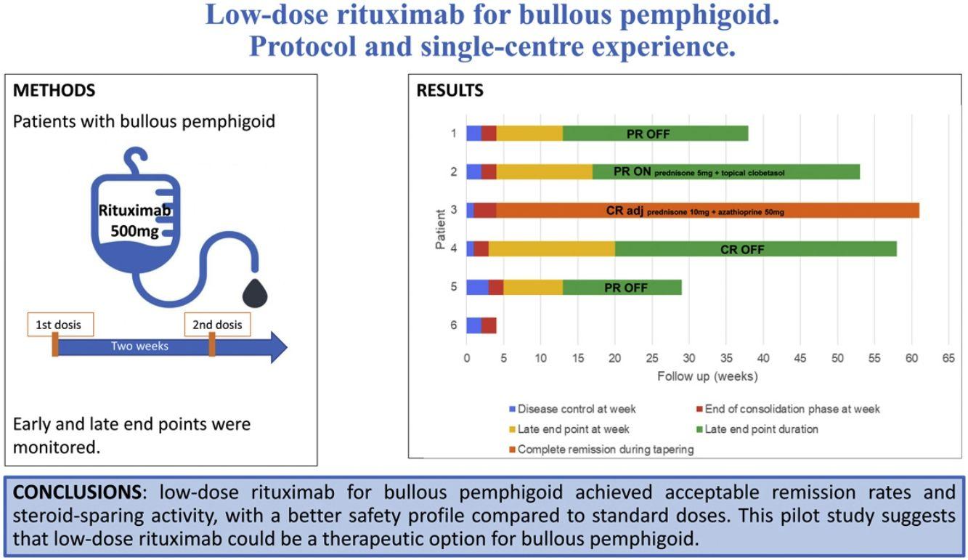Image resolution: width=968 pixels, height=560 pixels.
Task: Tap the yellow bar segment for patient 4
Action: coord(552,249)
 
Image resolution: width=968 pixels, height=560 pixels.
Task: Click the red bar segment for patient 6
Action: coord(489,325)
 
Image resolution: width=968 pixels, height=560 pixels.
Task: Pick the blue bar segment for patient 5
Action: coord(477,287)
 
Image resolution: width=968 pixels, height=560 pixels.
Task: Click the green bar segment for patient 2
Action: coord(726,172)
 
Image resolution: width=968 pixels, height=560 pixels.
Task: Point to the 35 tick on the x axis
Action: coord(725,358)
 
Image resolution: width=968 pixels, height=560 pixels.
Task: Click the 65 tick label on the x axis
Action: coord(948,358)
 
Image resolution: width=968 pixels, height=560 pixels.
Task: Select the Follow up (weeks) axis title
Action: coord(707,376)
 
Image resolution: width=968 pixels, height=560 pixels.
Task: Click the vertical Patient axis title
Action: coord(441,230)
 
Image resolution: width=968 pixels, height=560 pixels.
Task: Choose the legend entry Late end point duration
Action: coord(761,429)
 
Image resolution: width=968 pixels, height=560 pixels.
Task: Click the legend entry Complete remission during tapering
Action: coord(605,450)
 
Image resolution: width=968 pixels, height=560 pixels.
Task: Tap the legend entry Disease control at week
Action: coord(577,409)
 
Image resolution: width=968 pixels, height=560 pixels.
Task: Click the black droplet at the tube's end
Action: coord(253,293)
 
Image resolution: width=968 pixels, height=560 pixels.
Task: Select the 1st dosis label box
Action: coord(60,325)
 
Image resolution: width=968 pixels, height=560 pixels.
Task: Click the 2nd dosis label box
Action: coord(217,325)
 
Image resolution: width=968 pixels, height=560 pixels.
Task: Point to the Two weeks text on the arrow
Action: coord(139,346)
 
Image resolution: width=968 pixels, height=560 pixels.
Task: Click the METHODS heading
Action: coord(54,91)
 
